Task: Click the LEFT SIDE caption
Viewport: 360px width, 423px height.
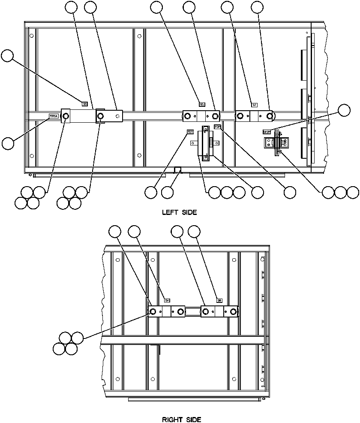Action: [x=180, y=212]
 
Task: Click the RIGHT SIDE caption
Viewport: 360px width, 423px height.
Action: [x=181, y=419]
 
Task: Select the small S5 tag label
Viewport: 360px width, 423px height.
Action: [x=85, y=103]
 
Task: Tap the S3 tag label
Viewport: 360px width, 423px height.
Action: [x=202, y=104]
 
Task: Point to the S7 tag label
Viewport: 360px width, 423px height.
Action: [x=254, y=104]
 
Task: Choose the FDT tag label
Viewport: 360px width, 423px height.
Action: [x=190, y=132]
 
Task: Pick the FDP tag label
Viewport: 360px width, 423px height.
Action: [x=217, y=127]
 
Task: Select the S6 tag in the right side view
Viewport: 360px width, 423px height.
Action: [x=219, y=300]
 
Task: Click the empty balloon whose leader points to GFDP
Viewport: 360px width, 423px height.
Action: [x=344, y=110]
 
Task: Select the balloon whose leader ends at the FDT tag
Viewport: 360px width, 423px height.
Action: [x=151, y=193]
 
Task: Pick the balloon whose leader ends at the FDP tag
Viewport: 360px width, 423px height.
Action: [x=290, y=193]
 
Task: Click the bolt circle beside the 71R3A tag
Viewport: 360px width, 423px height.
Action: [x=66, y=116]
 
